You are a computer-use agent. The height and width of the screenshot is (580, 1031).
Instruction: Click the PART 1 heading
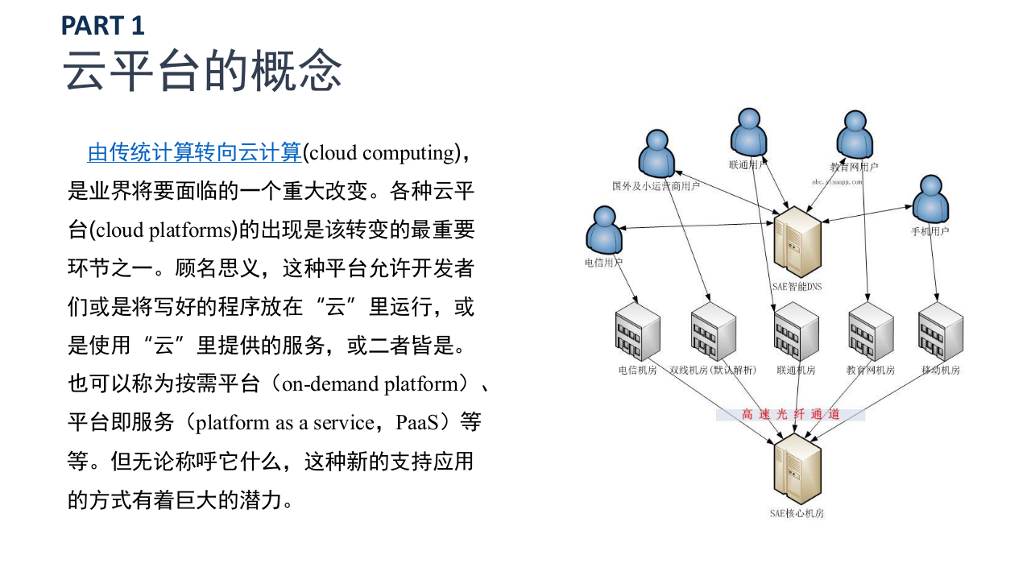coord(103,26)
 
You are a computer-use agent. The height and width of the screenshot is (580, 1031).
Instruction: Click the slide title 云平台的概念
coord(203,71)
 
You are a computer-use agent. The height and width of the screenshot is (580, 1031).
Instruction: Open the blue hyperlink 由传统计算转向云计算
coord(194,152)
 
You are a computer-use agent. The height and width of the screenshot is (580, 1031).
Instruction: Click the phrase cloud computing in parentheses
coord(382,152)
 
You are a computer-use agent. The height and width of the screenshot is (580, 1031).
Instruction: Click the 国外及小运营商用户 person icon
coord(656,152)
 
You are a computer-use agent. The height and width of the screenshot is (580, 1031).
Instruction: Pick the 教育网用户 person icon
coord(854,135)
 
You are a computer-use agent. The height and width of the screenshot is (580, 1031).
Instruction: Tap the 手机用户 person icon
coord(931,198)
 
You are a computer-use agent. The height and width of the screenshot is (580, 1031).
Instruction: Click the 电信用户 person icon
coord(604,230)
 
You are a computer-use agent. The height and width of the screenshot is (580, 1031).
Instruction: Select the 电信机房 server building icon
coord(637,333)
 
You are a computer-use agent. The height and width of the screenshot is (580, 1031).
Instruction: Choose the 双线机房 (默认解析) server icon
coord(713,333)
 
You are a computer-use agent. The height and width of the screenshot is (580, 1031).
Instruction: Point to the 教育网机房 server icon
coord(871,333)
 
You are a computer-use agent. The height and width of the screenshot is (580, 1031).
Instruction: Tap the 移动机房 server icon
coord(941,333)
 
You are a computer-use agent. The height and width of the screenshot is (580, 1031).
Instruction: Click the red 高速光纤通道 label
coord(790,414)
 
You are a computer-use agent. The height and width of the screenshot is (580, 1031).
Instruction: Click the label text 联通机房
coord(796,371)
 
